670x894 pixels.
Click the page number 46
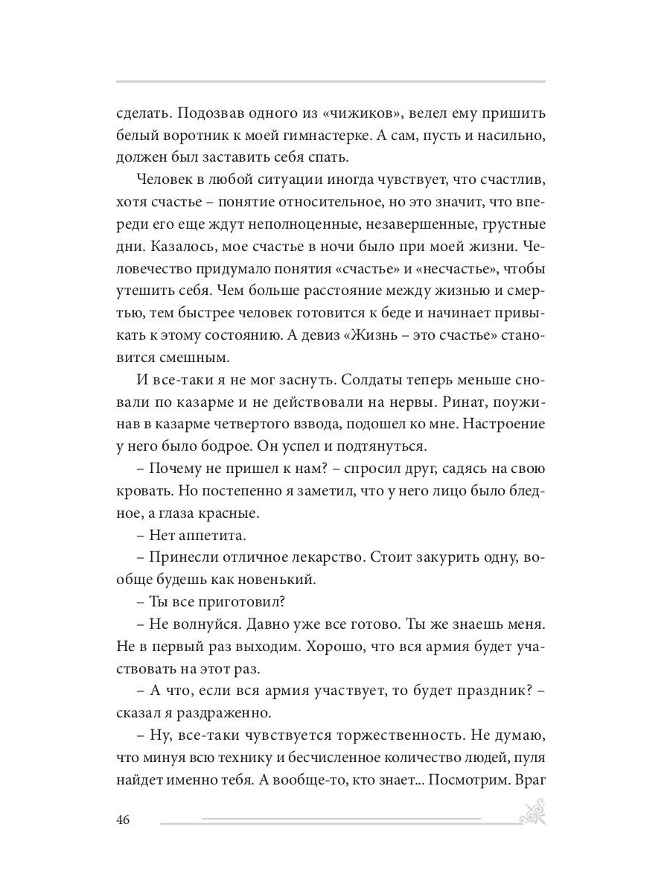point(124,820)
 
